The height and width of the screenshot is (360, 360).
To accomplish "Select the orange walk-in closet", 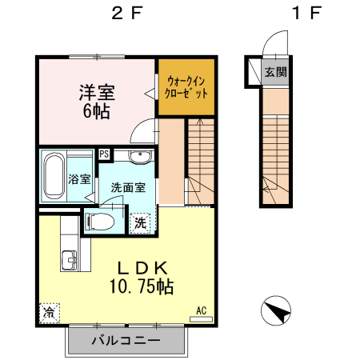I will [186, 86].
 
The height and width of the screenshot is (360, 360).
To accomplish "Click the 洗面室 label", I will [128, 188].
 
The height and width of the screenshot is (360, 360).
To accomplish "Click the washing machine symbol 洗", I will [140, 221].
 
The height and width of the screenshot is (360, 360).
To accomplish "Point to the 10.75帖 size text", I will [142, 286].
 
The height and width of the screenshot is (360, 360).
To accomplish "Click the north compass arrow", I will [275, 310].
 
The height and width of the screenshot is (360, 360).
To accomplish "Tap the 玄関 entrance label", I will [276, 71].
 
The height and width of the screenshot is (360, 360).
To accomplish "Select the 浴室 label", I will [79, 179].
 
